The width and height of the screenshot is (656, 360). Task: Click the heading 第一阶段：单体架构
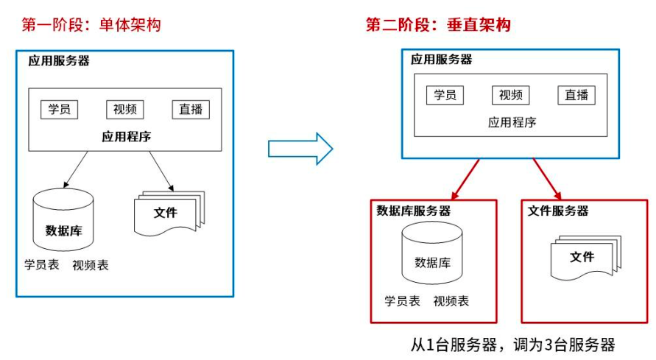(x=91, y=25)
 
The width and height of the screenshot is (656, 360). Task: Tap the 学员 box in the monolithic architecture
(x=60, y=110)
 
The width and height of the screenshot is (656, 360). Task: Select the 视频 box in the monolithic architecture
(x=125, y=110)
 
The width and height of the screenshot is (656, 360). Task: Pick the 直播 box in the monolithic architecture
(x=191, y=110)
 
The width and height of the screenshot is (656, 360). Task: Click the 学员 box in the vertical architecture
(x=445, y=95)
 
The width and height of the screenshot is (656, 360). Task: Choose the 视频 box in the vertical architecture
(x=510, y=95)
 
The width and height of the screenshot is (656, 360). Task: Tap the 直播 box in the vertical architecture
(x=576, y=95)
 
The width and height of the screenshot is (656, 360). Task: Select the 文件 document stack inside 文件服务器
(x=582, y=256)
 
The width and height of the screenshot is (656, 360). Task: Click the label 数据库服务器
(x=414, y=211)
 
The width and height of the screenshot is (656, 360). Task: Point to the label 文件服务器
(x=558, y=211)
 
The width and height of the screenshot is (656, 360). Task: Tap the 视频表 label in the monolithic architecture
(x=91, y=265)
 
